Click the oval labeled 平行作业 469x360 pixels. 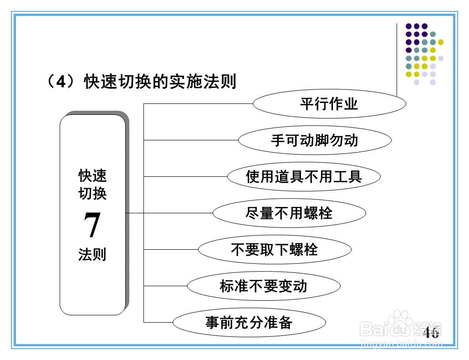[x=329, y=104]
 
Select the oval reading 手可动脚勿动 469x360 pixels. [x=314, y=140]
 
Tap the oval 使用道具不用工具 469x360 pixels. [x=304, y=176]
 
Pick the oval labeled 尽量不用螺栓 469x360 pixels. [x=289, y=213]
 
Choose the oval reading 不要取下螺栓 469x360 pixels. [x=274, y=249]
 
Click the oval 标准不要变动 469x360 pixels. [x=264, y=286]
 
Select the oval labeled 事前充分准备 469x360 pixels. [x=249, y=323]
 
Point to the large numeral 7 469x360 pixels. [x=92, y=226]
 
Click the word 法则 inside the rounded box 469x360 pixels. [x=92, y=254]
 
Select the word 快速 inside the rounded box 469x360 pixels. [x=92, y=175]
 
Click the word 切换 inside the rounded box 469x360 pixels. [x=92, y=193]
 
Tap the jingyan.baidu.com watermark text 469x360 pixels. [x=401, y=342]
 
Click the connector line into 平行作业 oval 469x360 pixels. [x=198, y=104]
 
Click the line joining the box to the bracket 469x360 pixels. [x=134, y=213]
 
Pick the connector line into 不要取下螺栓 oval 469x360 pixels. [x=171, y=249]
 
